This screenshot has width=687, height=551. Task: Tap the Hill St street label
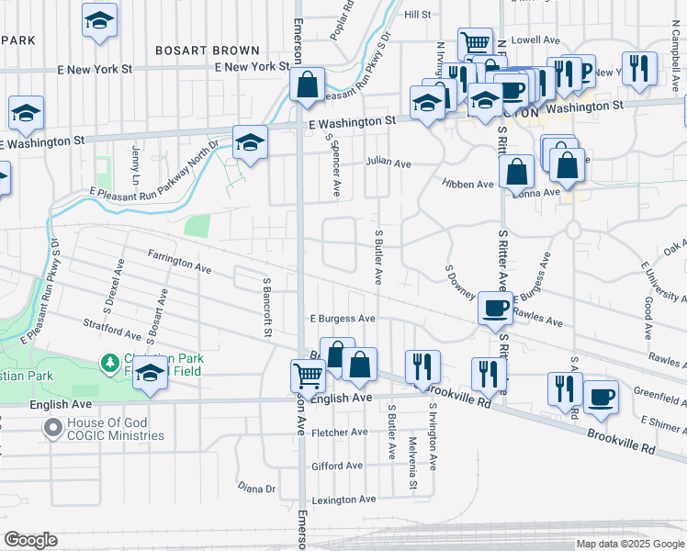[417, 15]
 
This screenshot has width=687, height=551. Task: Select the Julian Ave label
[388, 162]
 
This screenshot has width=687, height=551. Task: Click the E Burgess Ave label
[342, 319]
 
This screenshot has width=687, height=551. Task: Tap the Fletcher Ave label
[340, 432]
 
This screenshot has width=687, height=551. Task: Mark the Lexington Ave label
[344, 500]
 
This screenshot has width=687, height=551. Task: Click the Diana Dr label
[257, 488]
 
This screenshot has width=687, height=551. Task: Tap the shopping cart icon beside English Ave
[308, 374]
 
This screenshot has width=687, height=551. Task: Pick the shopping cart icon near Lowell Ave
[475, 42]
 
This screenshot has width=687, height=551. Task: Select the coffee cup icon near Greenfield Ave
[601, 396]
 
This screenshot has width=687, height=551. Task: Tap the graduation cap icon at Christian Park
[150, 374]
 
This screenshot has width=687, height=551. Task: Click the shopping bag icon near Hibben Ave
[517, 171]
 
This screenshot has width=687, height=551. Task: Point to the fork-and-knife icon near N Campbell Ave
[637, 67]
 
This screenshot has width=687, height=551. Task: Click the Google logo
[30, 540]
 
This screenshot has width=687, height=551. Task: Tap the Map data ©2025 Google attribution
[629, 544]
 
